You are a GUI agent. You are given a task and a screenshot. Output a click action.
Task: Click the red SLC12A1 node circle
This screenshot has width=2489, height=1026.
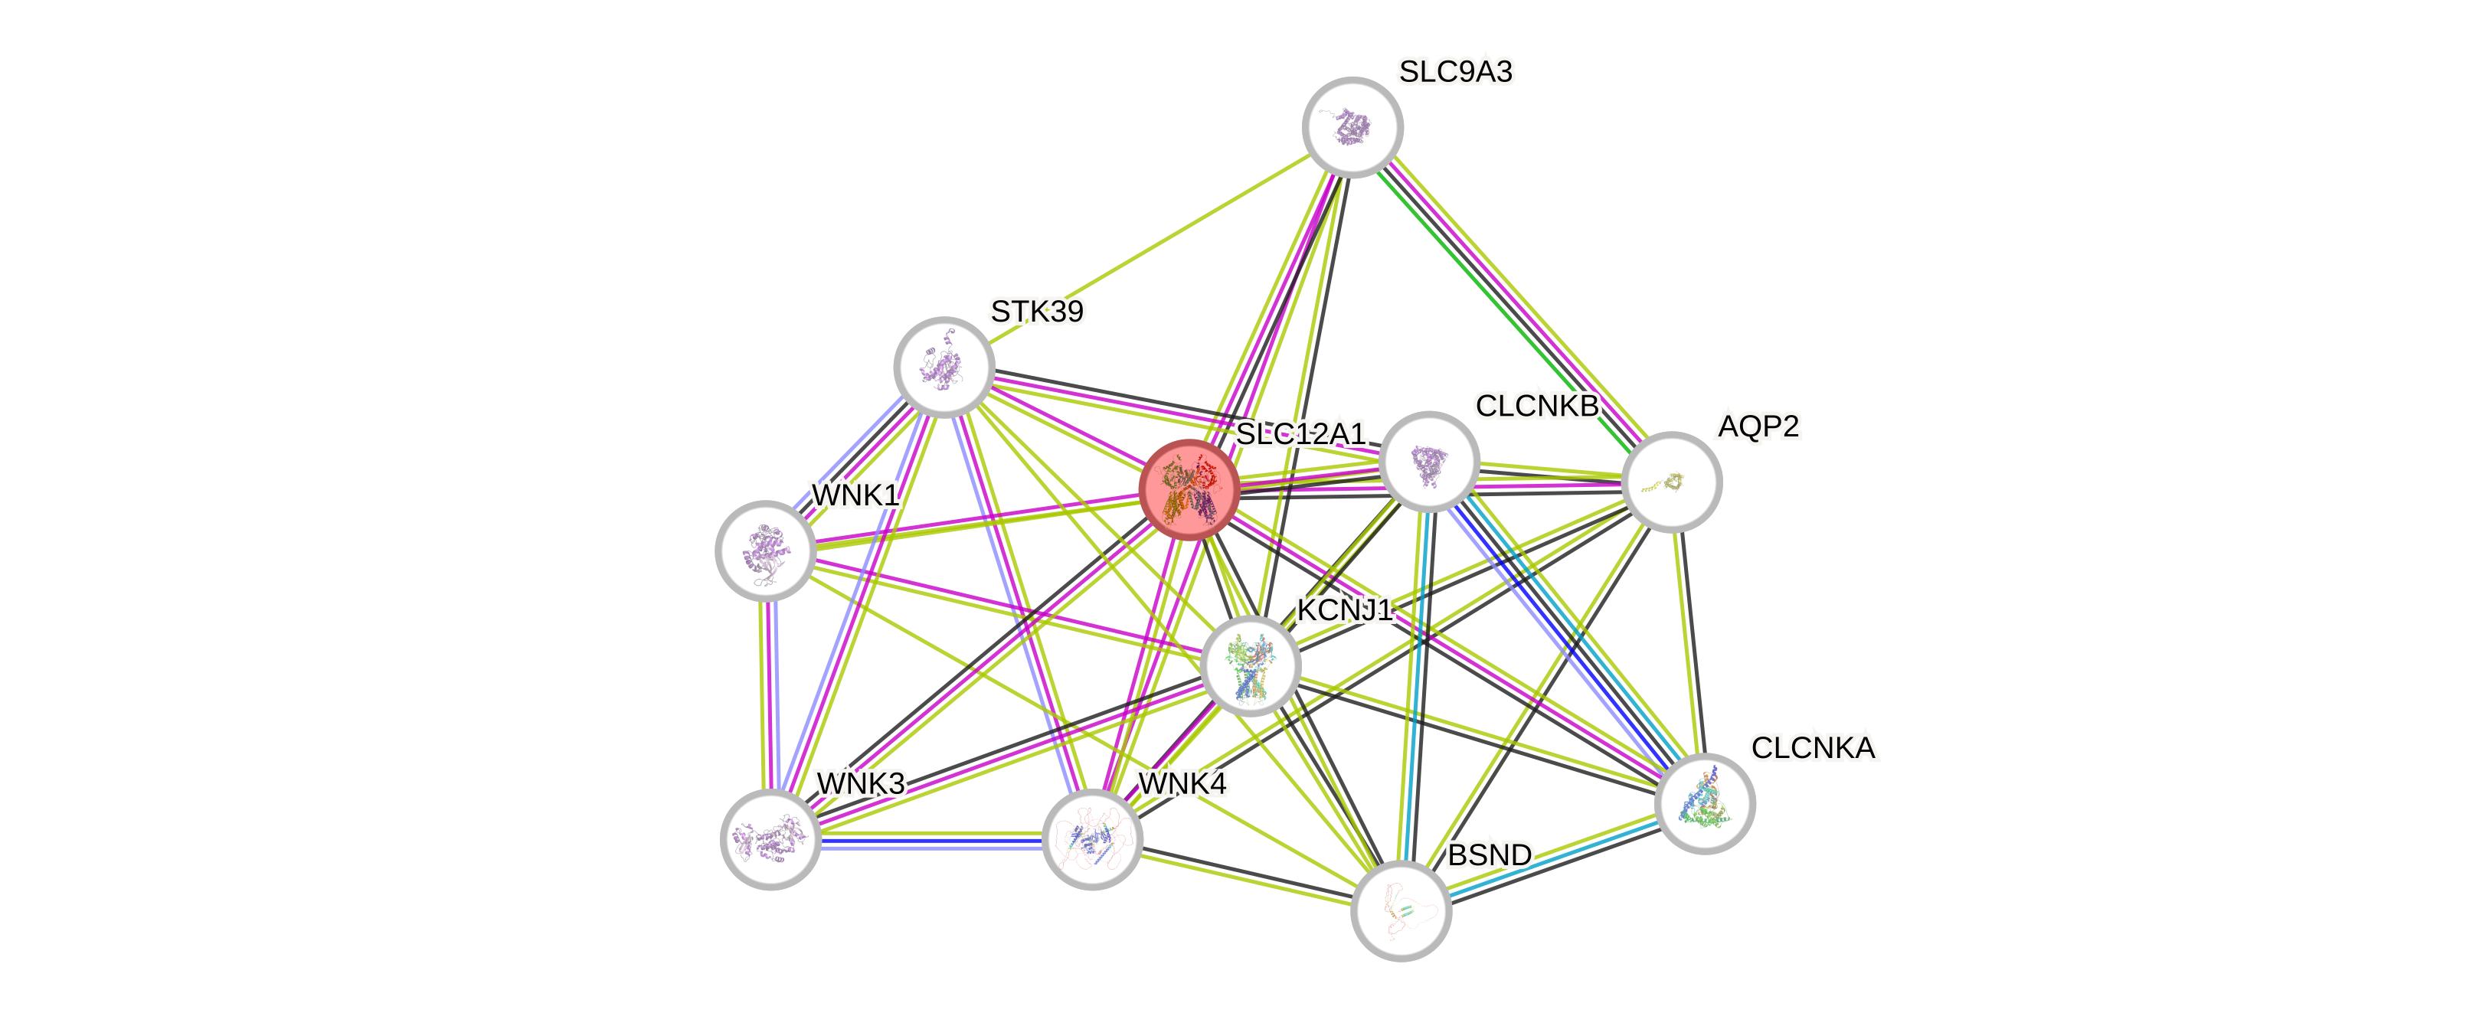click(x=1189, y=488)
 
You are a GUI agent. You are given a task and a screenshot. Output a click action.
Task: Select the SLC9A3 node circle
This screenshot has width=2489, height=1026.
click(x=1352, y=126)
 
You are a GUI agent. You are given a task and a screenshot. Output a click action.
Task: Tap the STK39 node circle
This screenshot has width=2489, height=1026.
click(x=943, y=366)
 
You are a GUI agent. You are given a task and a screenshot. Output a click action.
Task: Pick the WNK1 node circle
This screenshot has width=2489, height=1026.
click(x=765, y=551)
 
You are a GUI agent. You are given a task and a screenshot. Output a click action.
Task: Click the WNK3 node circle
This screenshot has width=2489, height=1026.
click(x=770, y=838)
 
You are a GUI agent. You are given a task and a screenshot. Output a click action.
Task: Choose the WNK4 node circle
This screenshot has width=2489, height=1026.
click(x=1092, y=838)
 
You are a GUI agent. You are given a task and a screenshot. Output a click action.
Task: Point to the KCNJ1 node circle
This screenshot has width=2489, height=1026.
click(x=1251, y=665)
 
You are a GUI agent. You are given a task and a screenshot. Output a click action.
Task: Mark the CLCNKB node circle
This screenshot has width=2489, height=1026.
click(x=1429, y=462)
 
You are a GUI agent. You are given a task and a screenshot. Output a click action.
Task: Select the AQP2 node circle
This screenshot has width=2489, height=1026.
click(x=1670, y=481)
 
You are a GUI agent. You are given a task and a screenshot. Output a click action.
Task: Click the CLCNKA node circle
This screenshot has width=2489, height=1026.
click(x=1705, y=804)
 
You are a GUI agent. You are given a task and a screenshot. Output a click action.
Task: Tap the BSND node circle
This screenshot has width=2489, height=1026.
click(x=1400, y=911)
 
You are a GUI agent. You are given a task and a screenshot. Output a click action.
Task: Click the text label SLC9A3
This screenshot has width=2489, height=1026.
click(x=1455, y=71)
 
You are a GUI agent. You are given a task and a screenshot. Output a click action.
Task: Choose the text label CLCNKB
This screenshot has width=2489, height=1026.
click(x=1536, y=406)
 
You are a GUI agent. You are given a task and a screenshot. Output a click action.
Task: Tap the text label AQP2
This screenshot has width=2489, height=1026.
click(x=1758, y=426)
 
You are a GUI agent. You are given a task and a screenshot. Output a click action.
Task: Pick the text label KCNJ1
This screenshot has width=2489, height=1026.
click(x=1344, y=610)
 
